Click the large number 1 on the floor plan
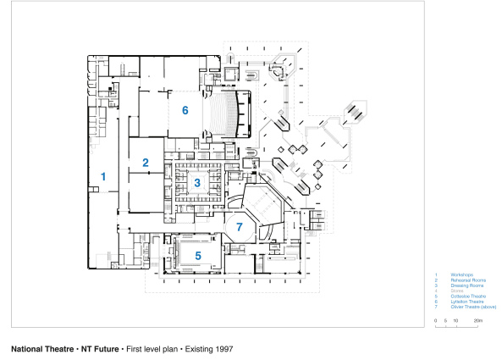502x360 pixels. click(x=103, y=176)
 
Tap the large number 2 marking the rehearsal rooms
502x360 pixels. click(x=146, y=163)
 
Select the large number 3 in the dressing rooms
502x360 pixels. click(x=197, y=182)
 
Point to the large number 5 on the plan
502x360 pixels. click(x=198, y=254)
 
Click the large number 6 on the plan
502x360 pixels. click(x=185, y=111)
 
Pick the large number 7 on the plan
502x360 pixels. click(x=240, y=227)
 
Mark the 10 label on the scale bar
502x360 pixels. click(x=455, y=321)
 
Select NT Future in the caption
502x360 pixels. click(x=101, y=348)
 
